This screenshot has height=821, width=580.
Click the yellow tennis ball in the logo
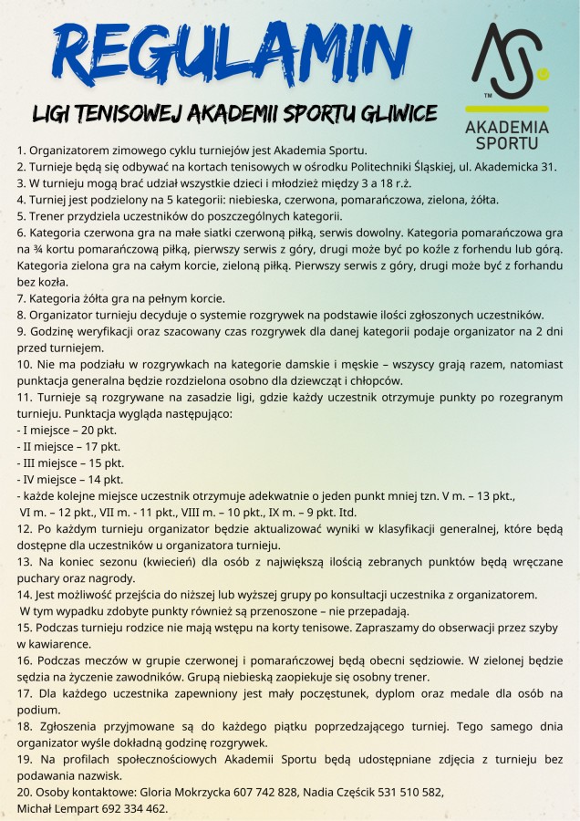pyautogui.click(x=544, y=70)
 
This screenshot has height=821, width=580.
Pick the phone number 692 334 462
pyautogui.click(x=133, y=809)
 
